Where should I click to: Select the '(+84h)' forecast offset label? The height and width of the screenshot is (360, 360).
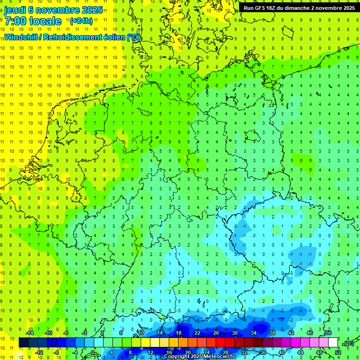tap(81, 21)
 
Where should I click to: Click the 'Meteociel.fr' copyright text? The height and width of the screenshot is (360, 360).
tap(219, 357)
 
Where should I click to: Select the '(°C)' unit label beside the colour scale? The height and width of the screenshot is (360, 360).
tap(348, 344)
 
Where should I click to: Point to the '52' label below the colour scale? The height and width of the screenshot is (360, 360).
tap(338, 352)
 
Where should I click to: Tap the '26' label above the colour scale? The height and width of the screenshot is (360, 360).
tap(216, 333)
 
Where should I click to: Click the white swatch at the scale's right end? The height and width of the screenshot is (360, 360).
tap(333, 343)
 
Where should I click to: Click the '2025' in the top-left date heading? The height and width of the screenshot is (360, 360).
tap(91, 10)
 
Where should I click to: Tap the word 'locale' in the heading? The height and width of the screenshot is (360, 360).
tap(45, 21)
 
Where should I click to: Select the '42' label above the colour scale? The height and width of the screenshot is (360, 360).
tap(291, 333)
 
